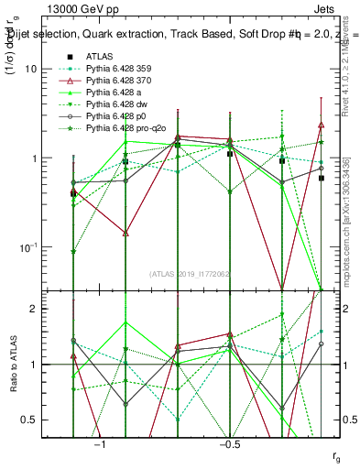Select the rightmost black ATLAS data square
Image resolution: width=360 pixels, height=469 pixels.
point(322,178)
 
